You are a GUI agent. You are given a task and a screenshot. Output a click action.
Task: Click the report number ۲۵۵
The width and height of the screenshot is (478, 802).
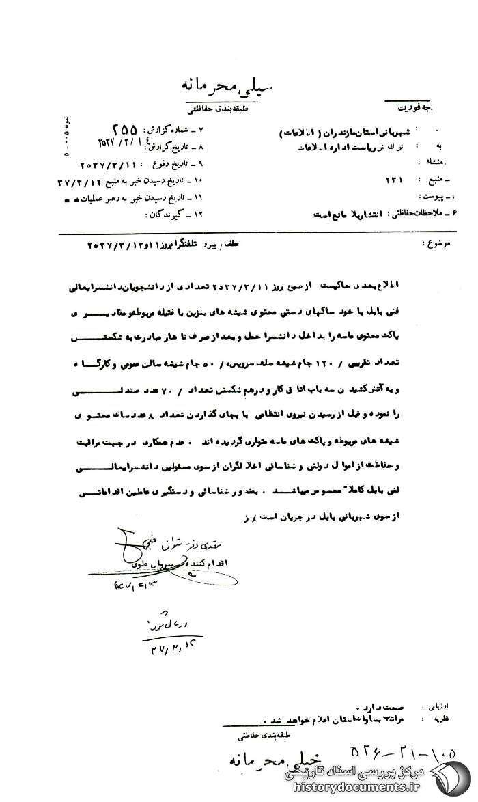123,129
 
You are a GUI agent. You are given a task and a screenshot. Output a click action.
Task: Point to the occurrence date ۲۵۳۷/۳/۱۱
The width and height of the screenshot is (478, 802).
109,165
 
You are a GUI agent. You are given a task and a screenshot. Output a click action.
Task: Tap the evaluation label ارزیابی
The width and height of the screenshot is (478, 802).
437,702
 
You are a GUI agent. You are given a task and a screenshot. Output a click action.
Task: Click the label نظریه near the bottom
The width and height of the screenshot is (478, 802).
438,719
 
